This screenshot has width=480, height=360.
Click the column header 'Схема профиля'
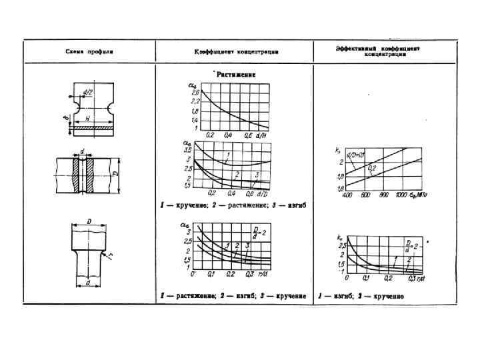pos(90,51)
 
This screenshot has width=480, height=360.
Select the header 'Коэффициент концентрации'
pos(236,51)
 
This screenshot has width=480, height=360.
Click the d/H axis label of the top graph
pos(265,135)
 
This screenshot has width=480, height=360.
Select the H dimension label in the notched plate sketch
pos(87,117)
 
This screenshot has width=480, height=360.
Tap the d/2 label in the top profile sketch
pos(87,91)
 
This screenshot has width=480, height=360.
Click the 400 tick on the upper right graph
pos(347,197)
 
